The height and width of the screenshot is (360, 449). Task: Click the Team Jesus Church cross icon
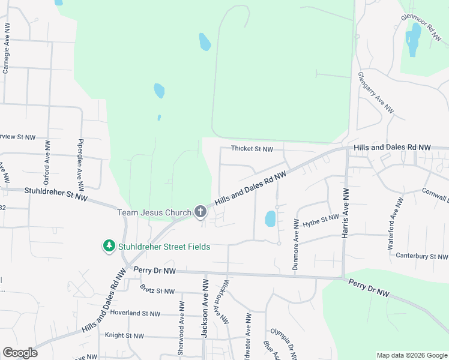coord(200,212)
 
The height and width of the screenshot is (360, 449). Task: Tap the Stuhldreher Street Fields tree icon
coord(109,246)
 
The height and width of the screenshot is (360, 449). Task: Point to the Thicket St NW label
coord(253,149)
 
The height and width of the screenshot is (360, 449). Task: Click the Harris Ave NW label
coord(346,214)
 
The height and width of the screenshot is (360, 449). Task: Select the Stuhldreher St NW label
coord(56,194)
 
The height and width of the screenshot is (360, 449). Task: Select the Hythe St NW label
coord(321,221)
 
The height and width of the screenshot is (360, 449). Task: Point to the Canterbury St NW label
coord(422,256)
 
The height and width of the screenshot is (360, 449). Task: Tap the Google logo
coord(20,353)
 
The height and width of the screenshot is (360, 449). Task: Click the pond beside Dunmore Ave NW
coord(271,218)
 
